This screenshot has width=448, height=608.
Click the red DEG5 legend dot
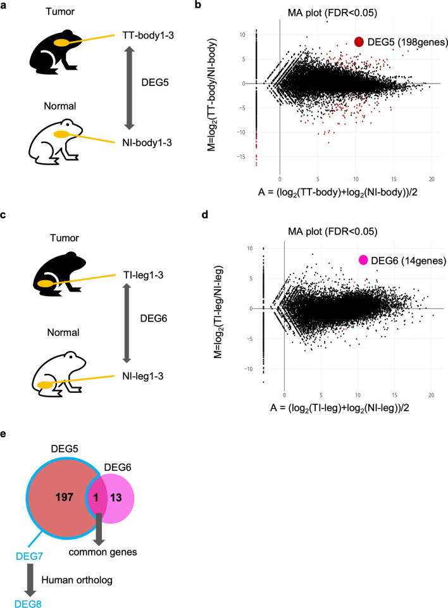click(359, 42)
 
